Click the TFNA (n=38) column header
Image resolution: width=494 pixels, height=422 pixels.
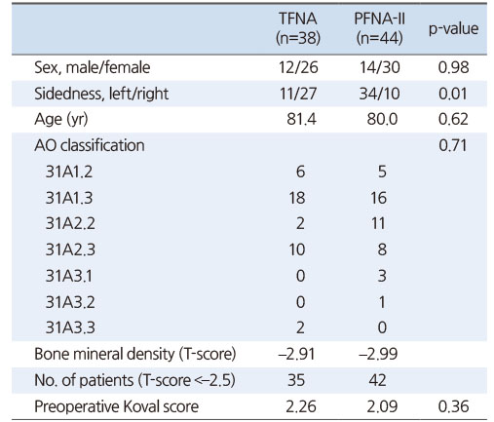[x=298, y=28]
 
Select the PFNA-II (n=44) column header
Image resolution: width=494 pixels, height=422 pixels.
[x=379, y=28]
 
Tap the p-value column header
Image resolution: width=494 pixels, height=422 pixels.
[x=453, y=29]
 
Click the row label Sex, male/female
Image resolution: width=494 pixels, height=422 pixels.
[x=93, y=68]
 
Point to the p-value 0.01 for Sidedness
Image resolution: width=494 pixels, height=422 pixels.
[x=453, y=94]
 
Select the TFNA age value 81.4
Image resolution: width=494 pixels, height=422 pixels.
[x=301, y=119]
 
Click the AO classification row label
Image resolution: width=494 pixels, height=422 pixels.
[x=90, y=145]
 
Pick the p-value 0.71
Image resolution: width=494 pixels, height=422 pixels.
[x=453, y=145]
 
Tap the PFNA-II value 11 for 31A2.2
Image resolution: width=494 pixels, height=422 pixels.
[x=378, y=223]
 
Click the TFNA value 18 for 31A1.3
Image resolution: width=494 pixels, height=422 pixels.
[x=297, y=198]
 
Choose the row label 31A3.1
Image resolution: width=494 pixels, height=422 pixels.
[x=69, y=276]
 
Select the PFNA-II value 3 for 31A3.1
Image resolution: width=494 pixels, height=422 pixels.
[x=382, y=276]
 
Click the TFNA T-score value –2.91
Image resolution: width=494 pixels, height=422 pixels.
[x=296, y=354]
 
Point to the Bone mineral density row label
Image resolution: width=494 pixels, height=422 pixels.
[x=135, y=354]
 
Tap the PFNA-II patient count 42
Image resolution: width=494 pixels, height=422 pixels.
[x=377, y=380]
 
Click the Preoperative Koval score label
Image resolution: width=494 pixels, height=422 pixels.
[x=116, y=406]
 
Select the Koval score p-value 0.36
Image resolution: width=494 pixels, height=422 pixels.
[x=453, y=406]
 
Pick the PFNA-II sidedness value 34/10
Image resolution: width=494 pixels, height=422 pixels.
[x=379, y=94]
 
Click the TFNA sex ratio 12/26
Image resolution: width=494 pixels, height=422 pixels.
[x=298, y=68]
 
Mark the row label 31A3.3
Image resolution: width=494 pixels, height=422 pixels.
[x=70, y=327]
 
